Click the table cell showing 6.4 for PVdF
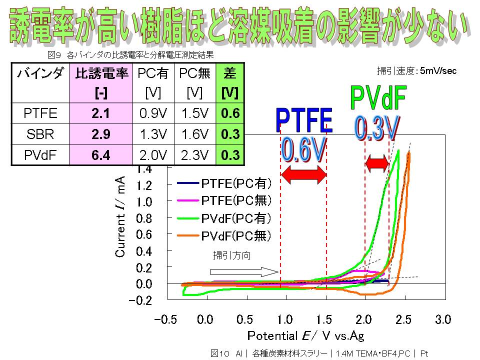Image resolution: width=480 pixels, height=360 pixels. pos(100,155)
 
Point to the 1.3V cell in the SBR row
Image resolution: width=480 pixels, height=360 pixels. pos(152,134)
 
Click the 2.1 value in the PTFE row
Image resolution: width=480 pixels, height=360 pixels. pos(100,113)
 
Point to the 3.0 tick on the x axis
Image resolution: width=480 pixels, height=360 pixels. pos(443,319)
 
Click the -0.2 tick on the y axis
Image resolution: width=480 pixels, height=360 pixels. pos(141,300)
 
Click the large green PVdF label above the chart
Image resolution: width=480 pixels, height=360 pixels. pos(378,98)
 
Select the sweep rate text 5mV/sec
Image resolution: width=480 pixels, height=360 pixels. pos(438,71)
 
